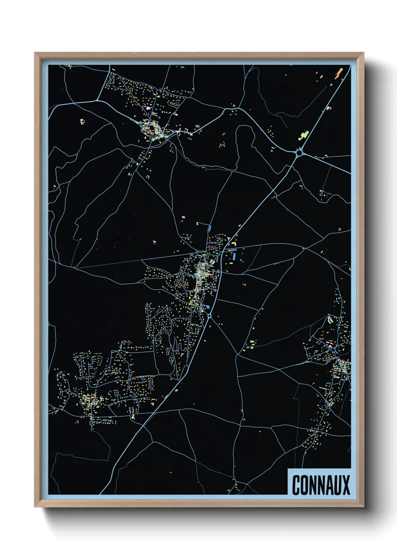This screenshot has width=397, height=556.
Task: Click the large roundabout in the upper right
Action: coord(299,153)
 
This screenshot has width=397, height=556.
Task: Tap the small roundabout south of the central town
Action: coord(209,316)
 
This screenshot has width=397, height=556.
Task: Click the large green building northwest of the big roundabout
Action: coord(303,135)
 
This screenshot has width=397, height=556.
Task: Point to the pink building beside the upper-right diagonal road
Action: coord(329,109)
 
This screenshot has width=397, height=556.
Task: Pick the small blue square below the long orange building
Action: coord(331,85)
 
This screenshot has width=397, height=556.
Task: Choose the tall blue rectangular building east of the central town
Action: coord(234,257)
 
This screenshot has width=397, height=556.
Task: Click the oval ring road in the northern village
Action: coord(152,129)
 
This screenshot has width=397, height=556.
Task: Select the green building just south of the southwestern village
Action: coord(132,416)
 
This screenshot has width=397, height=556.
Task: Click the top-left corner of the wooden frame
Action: coord(35,53)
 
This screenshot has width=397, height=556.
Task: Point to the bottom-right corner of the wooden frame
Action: coord(363,507)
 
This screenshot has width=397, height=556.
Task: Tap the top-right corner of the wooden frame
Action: coord(363,53)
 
